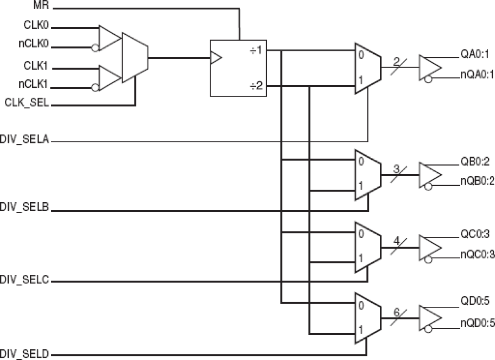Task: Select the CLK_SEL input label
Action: tap(26, 103)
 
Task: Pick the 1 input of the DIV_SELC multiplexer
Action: tap(360, 258)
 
